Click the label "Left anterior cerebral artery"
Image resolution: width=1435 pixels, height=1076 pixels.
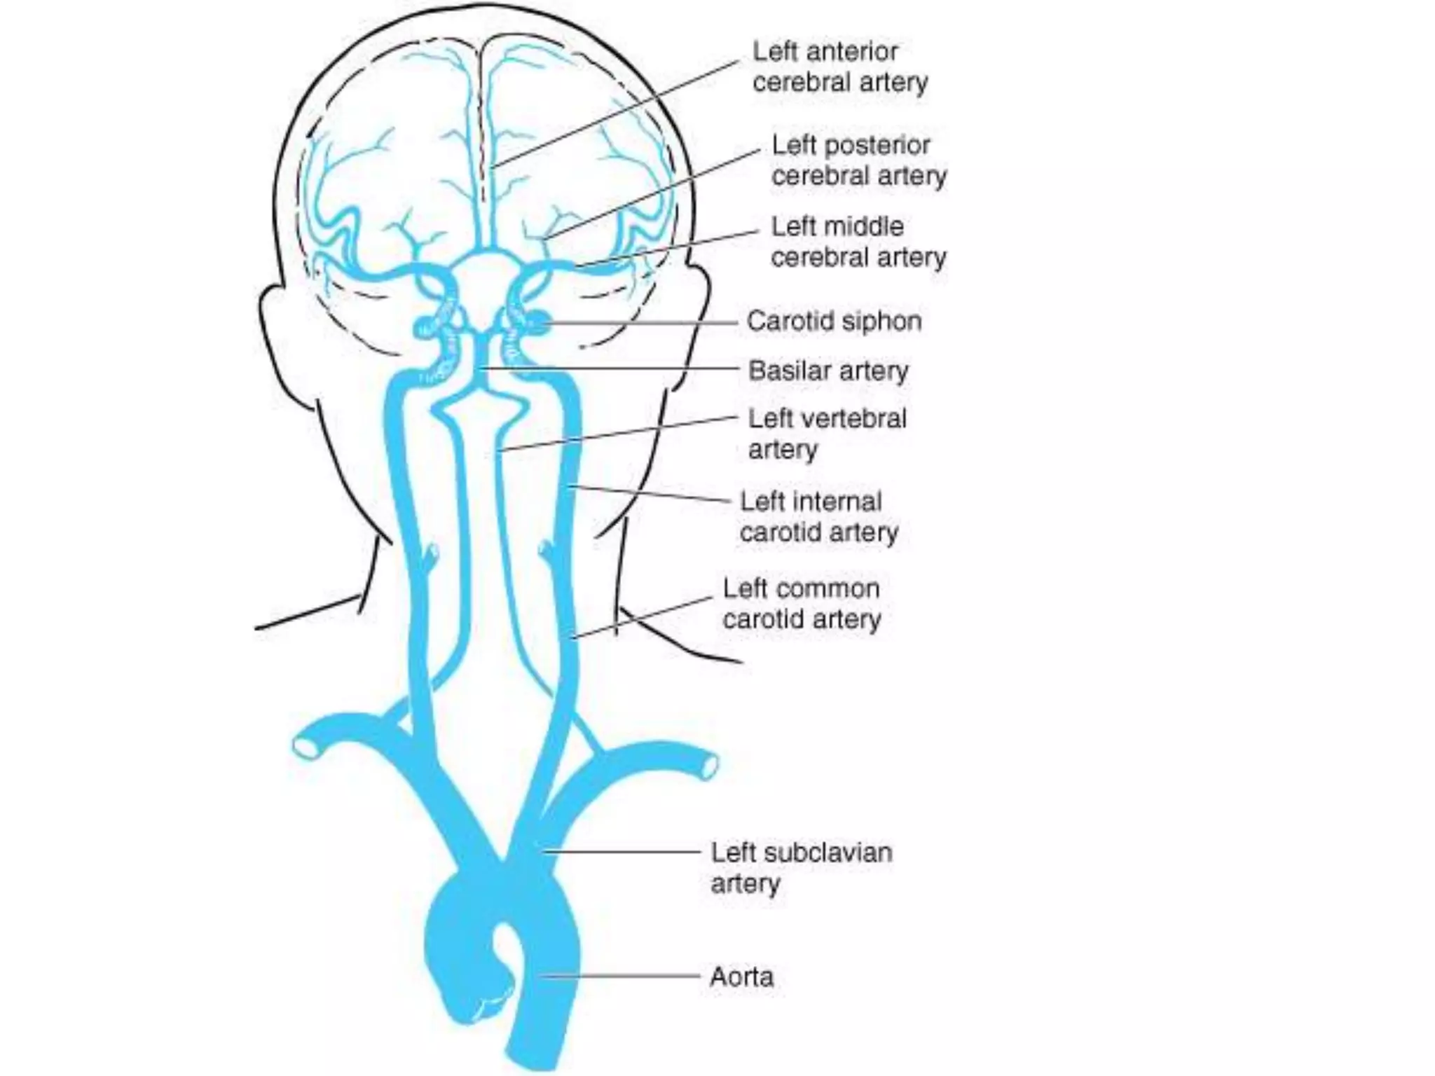(x=839, y=67)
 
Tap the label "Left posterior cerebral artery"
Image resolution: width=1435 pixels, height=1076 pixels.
(x=858, y=160)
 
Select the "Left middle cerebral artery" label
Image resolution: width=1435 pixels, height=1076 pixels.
(x=858, y=242)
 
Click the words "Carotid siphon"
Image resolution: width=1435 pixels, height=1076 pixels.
(x=834, y=322)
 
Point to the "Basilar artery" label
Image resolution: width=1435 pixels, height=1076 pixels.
(x=828, y=371)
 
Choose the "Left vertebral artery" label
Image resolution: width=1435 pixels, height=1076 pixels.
(x=827, y=434)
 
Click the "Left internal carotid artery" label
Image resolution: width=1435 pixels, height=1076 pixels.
(x=818, y=517)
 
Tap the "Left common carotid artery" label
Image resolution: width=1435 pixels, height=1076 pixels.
(x=802, y=604)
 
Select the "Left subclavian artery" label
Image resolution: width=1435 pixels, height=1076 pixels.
(x=802, y=867)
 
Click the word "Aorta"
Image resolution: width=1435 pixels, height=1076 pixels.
(x=741, y=977)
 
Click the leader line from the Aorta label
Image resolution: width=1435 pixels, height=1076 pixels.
(x=624, y=976)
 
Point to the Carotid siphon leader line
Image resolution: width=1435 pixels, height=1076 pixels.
(x=645, y=324)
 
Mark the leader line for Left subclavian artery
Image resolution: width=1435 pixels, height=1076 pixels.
(x=624, y=852)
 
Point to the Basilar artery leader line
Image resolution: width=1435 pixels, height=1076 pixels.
(x=610, y=368)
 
